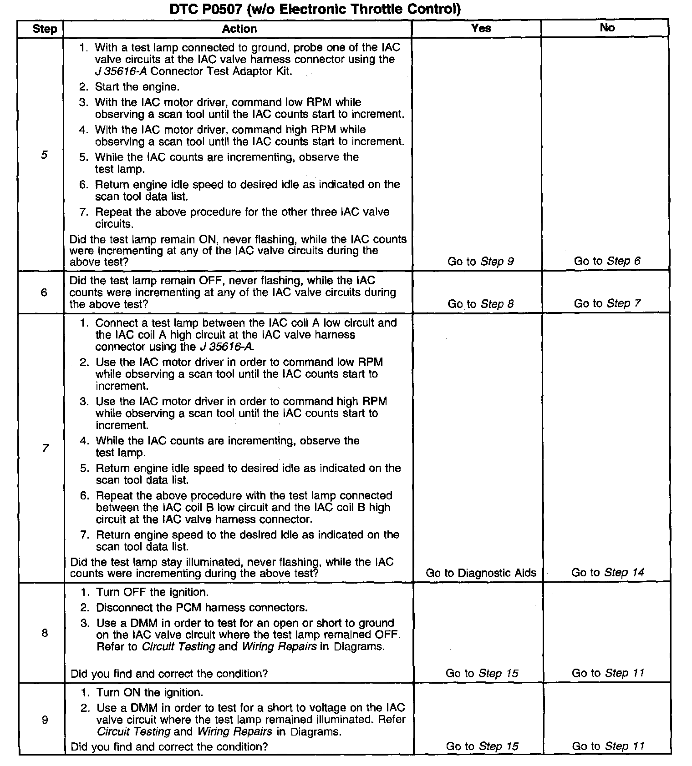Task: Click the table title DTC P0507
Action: coord(315,9)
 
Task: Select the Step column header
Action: coord(44,29)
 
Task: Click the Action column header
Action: coord(239,29)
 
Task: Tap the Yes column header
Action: coord(481,28)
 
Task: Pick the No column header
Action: coord(607,28)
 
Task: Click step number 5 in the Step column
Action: coord(44,155)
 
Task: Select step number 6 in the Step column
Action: coord(44,292)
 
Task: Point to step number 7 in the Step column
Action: coord(45,448)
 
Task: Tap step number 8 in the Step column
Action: coord(45,633)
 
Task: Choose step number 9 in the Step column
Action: coord(45,720)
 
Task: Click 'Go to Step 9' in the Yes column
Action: coord(481,261)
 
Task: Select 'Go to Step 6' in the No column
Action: coord(607,261)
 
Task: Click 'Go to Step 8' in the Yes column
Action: coord(481,303)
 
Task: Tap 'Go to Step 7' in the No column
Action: coord(607,303)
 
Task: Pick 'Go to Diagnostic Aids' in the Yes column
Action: coord(481,573)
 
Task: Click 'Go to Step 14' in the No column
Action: coord(607,572)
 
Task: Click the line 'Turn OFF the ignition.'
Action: coord(152,592)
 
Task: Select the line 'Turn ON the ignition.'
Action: coord(149,692)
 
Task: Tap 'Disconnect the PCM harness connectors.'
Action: coord(202,607)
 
